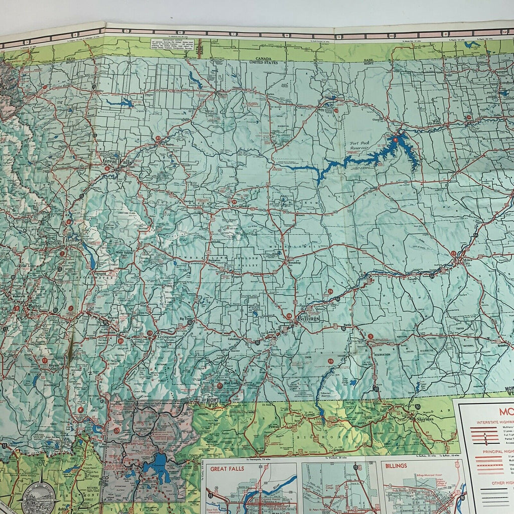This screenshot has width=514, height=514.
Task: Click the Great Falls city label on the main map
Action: (x=116, y=161)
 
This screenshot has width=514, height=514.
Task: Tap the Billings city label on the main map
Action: (x=307, y=318)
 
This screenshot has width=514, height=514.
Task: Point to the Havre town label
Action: (x=222, y=94)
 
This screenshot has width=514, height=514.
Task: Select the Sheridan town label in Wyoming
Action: (x=423, y=420)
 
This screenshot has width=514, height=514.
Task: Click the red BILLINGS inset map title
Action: (x=396, y=465)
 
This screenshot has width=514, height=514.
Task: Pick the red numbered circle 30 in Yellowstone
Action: (x=116, y=430)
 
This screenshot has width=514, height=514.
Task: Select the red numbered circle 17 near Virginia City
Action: (x=45, y=360)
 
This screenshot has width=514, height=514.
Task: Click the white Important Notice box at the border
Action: (x=173, y=43)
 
